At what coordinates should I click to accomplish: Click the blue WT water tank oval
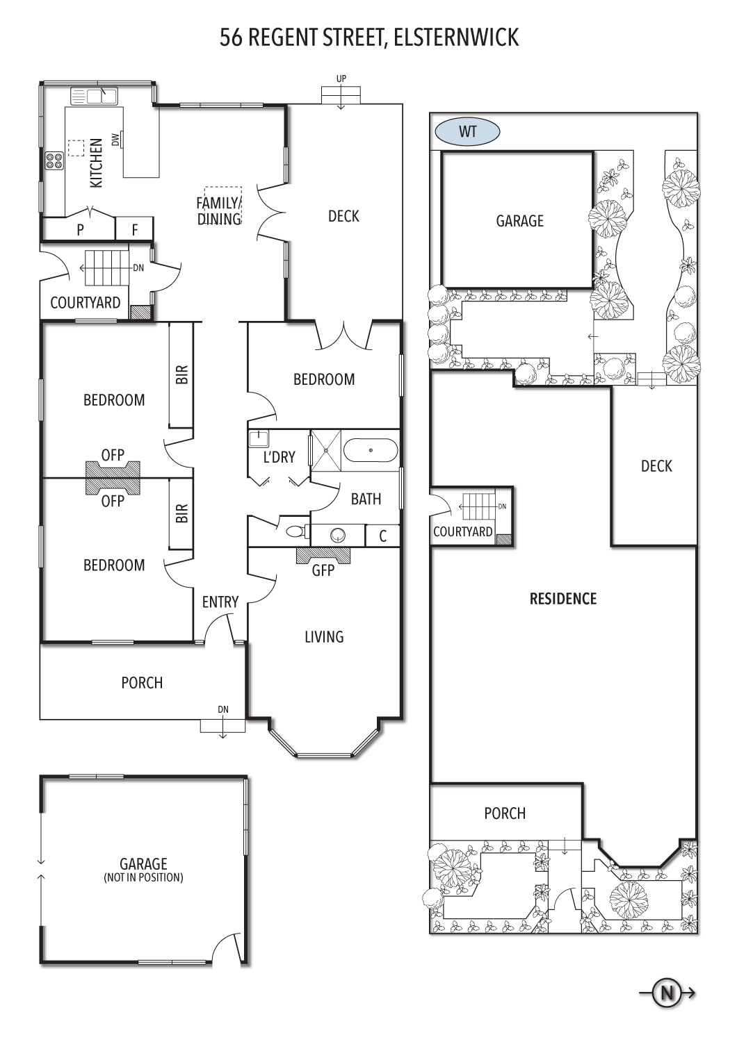467,132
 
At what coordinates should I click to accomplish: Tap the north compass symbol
667,993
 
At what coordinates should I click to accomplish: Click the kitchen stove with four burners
54,161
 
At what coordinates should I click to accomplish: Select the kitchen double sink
94,97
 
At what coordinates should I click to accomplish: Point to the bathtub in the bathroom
371,450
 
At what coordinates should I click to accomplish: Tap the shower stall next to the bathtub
326,450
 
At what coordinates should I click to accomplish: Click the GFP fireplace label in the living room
323,570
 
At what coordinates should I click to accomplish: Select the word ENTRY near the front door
220,602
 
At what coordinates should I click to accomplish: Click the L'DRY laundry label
280,457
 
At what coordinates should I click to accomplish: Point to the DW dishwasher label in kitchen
115,140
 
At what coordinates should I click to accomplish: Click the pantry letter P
81,230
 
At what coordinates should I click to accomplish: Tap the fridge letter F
135,230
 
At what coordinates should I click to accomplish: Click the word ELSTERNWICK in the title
456,38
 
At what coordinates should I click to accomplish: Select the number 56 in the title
231,38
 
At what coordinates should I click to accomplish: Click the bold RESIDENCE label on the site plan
563,599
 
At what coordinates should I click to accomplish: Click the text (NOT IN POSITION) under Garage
143,877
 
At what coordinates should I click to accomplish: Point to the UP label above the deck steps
341,78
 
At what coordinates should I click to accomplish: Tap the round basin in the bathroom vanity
338,536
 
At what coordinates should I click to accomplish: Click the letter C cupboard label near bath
382,536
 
